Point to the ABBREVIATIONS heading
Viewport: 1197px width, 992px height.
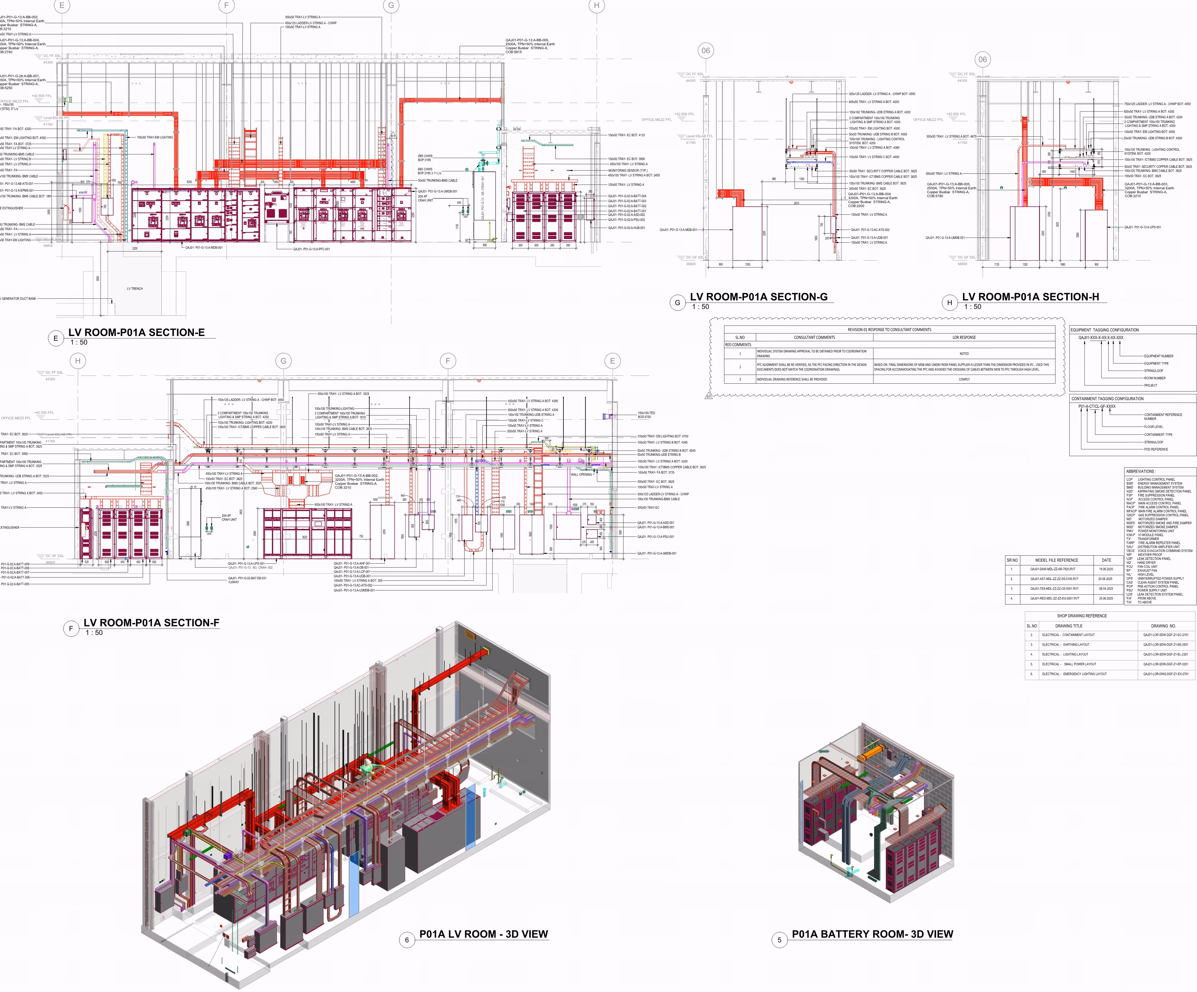(x=1140, y=471)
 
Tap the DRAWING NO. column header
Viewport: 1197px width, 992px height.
(x=1163, y=626)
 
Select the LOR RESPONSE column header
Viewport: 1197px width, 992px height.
(x=964, y=337)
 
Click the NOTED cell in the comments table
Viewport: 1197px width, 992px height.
(x=964, y=354)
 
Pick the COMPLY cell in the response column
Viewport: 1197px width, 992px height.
(x=964, y=379)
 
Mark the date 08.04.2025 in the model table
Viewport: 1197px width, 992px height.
(x=1106, y=589)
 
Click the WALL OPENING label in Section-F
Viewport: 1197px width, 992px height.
(x=581, y=475)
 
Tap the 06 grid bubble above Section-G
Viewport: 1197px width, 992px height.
(x=706, y=51)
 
